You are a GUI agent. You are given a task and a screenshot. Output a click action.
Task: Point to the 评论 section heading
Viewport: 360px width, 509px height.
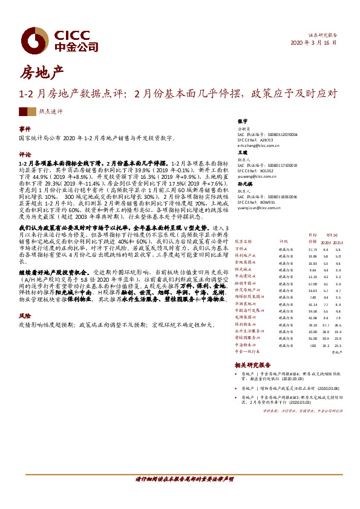tap(24, 154)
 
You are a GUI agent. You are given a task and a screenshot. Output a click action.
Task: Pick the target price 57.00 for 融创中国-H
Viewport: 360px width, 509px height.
tap(313, 284)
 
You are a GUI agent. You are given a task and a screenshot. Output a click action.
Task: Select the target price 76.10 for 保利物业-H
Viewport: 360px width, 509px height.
tap(313, 324)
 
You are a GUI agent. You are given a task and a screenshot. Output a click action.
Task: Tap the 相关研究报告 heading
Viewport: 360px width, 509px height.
tap(252, 365)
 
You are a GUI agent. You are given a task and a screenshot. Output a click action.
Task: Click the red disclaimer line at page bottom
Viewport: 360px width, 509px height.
tap(180, 478)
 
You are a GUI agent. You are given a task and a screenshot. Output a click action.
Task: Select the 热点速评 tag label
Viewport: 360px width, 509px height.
tap(51, 112)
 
